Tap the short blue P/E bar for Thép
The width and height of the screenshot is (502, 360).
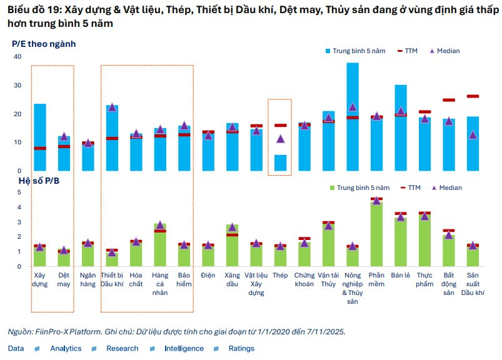coord(281,163)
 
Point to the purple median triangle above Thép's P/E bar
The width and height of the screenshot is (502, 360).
coord(281,139)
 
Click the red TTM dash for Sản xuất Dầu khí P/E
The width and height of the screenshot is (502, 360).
coord(473,96)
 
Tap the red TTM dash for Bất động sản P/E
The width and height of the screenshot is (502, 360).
coord(449,100)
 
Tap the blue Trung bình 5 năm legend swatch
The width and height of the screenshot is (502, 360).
coord(328,51)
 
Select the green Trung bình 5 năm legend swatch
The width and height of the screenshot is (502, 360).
coord(331,187)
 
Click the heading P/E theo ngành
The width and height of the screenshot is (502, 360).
coord(44,44)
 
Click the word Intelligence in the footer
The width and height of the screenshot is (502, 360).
coord(184,348)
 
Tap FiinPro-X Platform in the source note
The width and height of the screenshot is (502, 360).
coord(68,331)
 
